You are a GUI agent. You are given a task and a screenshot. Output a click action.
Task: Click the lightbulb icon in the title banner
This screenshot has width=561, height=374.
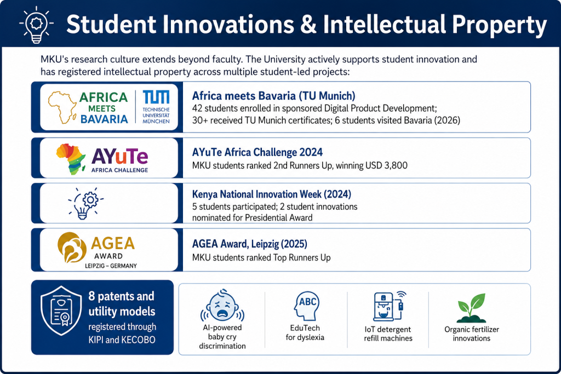pyautogui.click(x=37, y=24)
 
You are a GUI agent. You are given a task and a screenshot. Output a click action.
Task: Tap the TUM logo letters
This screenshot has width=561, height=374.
pyautogui.click(x=156, y=97)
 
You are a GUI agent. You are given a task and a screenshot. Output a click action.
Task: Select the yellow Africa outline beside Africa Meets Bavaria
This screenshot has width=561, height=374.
pyautogui.click(x=62, y=107)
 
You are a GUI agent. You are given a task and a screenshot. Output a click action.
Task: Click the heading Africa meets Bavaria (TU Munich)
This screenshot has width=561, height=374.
pyautogui.click(x=274, y=96)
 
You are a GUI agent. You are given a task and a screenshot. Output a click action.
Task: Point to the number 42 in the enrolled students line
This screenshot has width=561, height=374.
pyautogui.click(x=197, y=108)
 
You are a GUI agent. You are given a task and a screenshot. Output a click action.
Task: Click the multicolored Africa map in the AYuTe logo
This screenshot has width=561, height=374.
pyautogui.click(x=71, y=159)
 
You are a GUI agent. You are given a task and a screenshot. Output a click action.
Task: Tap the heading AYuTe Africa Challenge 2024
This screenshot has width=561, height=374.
pyautogui.click(x=257, y=152)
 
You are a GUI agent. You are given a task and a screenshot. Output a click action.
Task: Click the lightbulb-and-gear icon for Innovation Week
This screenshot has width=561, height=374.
pyautogui.click(x=85, y=203)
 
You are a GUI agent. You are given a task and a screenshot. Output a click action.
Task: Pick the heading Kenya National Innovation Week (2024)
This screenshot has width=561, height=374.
pyautogui.click(x=272, y=194)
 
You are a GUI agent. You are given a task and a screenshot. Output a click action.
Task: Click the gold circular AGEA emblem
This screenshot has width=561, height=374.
pyautogui.click(x=72, y=248)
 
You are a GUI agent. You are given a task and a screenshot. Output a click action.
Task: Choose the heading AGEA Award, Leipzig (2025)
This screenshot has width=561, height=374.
pyautogui.click(x=250, y=244)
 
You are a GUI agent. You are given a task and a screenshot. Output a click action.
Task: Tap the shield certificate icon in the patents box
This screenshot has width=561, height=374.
pyautogui.click(x=61, y=310)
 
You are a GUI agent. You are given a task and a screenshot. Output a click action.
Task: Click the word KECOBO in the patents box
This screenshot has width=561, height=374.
pyautogui.click(x=138, y=340)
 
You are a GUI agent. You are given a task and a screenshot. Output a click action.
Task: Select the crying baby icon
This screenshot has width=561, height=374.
pyautogui.click(x=222, y=306)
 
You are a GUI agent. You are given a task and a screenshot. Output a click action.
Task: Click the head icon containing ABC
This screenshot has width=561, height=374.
pyautogui.click(x=306, y=306)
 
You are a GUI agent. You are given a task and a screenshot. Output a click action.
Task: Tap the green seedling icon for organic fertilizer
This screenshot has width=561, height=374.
pyautogui.click(x=472, y=308)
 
